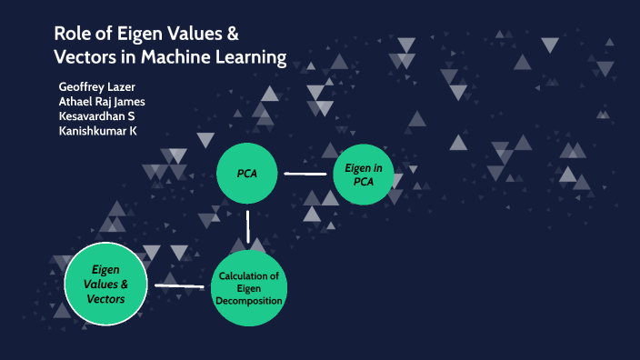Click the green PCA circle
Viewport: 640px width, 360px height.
click(246, 174)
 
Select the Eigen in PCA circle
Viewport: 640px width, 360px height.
click(363, 174)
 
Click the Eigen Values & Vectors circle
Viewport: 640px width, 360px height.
click(107, 285)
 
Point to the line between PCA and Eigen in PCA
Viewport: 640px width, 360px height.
click(305, 173)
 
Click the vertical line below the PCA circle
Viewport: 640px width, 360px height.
click(247, 226)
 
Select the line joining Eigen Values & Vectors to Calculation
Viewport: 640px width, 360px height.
click(179, 286)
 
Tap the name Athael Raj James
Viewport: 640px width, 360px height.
click(102, 101)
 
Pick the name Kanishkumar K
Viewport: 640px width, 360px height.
click(97, 131)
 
